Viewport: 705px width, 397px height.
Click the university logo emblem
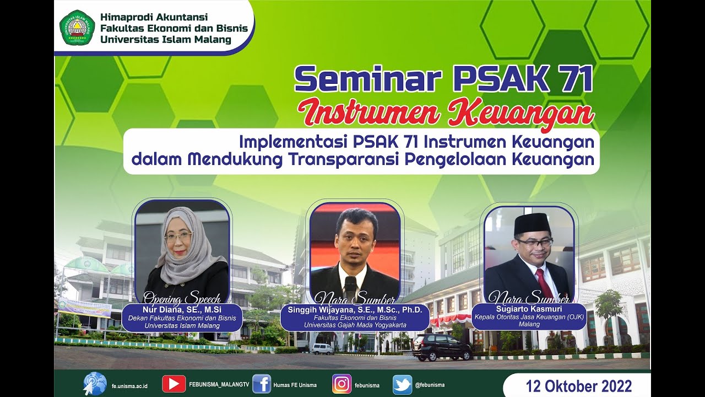[x=77, y=28]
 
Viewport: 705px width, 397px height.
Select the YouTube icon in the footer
[x=173, y=384]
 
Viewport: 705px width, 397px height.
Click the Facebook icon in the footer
[x=262, y=384]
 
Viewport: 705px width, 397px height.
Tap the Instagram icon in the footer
[x=341, y=384]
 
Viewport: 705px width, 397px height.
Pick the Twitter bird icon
[x=402, y=384]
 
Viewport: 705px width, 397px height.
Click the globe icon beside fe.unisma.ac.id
[x=95, y=384]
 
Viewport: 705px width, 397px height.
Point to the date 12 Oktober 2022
[x=578, y=385]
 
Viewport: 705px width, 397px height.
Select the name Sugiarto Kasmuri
[x=529, y=309]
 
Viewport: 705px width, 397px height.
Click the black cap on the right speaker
[x=532, y=223]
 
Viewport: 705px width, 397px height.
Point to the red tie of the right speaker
[x=545, y=282]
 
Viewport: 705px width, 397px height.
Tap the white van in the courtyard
[x=322, y=348]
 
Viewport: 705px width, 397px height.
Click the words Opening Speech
[x=182, y=298]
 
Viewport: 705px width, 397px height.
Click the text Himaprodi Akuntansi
[x=147, y=18]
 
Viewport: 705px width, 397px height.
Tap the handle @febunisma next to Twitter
[x=430, y=385]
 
